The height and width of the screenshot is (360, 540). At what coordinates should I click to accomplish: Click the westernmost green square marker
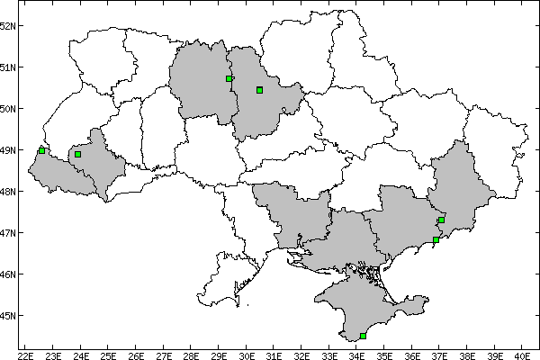41,150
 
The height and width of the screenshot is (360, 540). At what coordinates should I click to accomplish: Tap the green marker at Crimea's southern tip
363,336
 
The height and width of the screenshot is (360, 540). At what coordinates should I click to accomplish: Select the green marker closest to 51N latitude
229,78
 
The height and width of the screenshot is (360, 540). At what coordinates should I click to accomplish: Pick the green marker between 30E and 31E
259,90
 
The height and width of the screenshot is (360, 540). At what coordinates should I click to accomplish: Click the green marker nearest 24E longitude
78,155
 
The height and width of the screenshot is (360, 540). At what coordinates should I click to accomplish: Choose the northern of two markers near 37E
442,220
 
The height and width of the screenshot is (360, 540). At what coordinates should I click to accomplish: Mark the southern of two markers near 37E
436,239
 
